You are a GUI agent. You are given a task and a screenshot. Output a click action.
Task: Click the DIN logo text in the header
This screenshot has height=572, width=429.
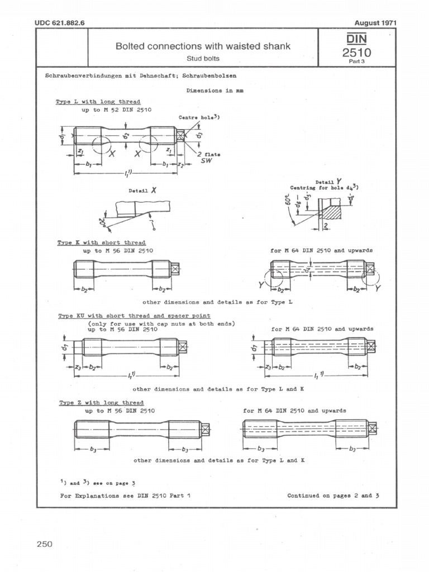(x=356, y=39)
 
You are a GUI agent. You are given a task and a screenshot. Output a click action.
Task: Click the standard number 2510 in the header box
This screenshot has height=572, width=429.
(x=356, y=53)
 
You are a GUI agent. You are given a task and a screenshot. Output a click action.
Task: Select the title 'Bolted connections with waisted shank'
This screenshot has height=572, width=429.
(x=203, y=46)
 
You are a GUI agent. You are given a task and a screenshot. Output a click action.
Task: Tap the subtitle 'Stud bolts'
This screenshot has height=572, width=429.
(x=203, y=58)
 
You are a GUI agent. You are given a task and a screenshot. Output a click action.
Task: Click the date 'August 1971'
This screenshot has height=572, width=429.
(x=375, y=23)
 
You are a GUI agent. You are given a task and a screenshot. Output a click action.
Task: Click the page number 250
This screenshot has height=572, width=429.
(x=45, y=544)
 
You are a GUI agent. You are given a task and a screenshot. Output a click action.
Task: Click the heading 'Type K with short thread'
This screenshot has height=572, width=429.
(x=101, y=243)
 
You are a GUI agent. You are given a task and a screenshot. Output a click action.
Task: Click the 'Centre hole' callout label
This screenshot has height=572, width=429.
(x=198, y=118)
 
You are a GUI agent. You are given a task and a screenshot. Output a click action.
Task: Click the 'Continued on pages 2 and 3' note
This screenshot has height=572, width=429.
(x=333, y=495)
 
